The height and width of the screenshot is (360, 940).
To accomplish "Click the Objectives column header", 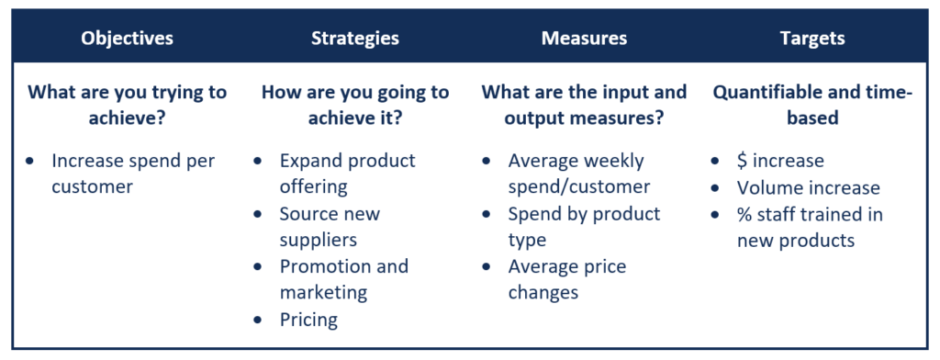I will point(127,39).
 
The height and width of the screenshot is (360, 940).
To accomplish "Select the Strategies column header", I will point(354,39).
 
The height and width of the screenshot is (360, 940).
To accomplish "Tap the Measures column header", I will point(584,39).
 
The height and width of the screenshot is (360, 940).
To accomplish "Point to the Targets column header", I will point(812,39).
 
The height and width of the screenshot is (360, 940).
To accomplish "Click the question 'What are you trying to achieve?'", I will point(127,105).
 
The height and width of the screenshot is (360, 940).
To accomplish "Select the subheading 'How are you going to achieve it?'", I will point(354,105).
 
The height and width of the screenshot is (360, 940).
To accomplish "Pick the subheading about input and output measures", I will point(584,105).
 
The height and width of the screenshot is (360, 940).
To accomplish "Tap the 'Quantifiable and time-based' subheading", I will point(812,105).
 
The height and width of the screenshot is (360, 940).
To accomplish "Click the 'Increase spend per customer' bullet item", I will point(133,174).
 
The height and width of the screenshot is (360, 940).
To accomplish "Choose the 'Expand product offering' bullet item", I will point(347,174).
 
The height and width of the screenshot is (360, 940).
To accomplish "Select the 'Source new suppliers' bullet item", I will point(330,227).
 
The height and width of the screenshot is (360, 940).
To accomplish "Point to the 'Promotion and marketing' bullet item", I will point(343,280).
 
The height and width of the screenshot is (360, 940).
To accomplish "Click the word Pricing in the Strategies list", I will point(308,321).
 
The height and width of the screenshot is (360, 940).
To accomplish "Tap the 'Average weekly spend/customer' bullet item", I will point(578,174).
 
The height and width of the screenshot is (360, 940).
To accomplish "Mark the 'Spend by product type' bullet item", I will point(584,227).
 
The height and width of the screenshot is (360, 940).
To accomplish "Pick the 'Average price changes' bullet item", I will point(566,280).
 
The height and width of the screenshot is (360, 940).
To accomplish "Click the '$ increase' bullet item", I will point(780,161).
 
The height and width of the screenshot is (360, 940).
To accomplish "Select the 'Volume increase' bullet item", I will point(808,187).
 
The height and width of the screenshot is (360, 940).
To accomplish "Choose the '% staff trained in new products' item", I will point(810,227).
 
